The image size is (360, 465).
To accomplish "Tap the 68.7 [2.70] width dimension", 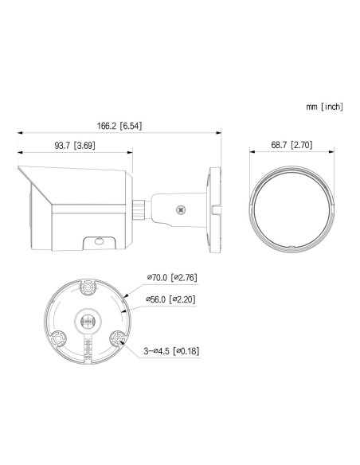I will pos(289,145).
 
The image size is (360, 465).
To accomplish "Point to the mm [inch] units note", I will pos(323,107).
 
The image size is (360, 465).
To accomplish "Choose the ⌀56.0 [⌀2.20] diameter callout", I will pos(173,299).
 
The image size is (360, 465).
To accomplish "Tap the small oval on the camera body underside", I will pos(98,238).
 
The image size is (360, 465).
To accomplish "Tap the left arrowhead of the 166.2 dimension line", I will pos(19,133).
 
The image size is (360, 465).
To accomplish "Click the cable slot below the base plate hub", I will pos(87,347).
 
